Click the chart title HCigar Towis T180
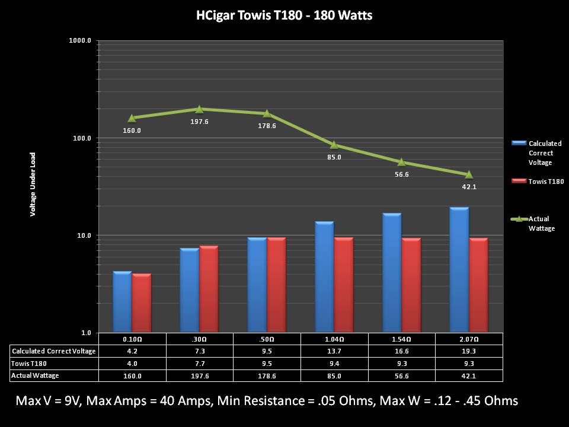(x=284, y=15)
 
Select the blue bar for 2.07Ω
(x=459, y=270)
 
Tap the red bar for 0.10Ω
(x=142, y=302)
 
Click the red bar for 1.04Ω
(x=344, y=285)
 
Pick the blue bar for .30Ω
(x=189, y=290)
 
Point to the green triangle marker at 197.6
(x=199, y=109)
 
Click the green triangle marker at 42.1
(x=469, y=174)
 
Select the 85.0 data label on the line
(x=334, y=157)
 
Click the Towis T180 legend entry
(x=546, y=181)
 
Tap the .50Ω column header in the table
(x=267, y=339)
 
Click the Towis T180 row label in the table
(x=29, y=363)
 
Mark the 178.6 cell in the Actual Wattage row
(x=267, y=375)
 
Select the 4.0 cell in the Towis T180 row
(x=132, y=363)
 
